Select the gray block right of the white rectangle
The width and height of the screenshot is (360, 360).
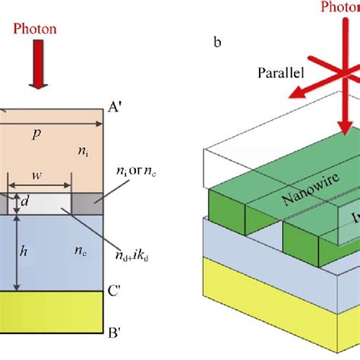(x=87, y=204)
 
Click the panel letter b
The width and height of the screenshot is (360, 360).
(x=217, y=42)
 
